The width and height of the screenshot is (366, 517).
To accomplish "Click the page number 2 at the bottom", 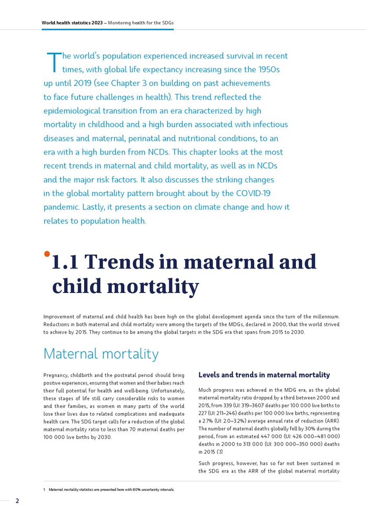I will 17,501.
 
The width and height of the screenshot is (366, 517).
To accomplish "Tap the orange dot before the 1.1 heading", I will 47,254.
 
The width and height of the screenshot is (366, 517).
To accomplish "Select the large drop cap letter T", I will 53,62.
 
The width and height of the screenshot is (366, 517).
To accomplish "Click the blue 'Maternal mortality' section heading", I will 101,354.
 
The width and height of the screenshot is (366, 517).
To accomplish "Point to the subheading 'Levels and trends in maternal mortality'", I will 264,375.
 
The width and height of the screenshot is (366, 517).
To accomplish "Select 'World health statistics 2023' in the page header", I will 72,23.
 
